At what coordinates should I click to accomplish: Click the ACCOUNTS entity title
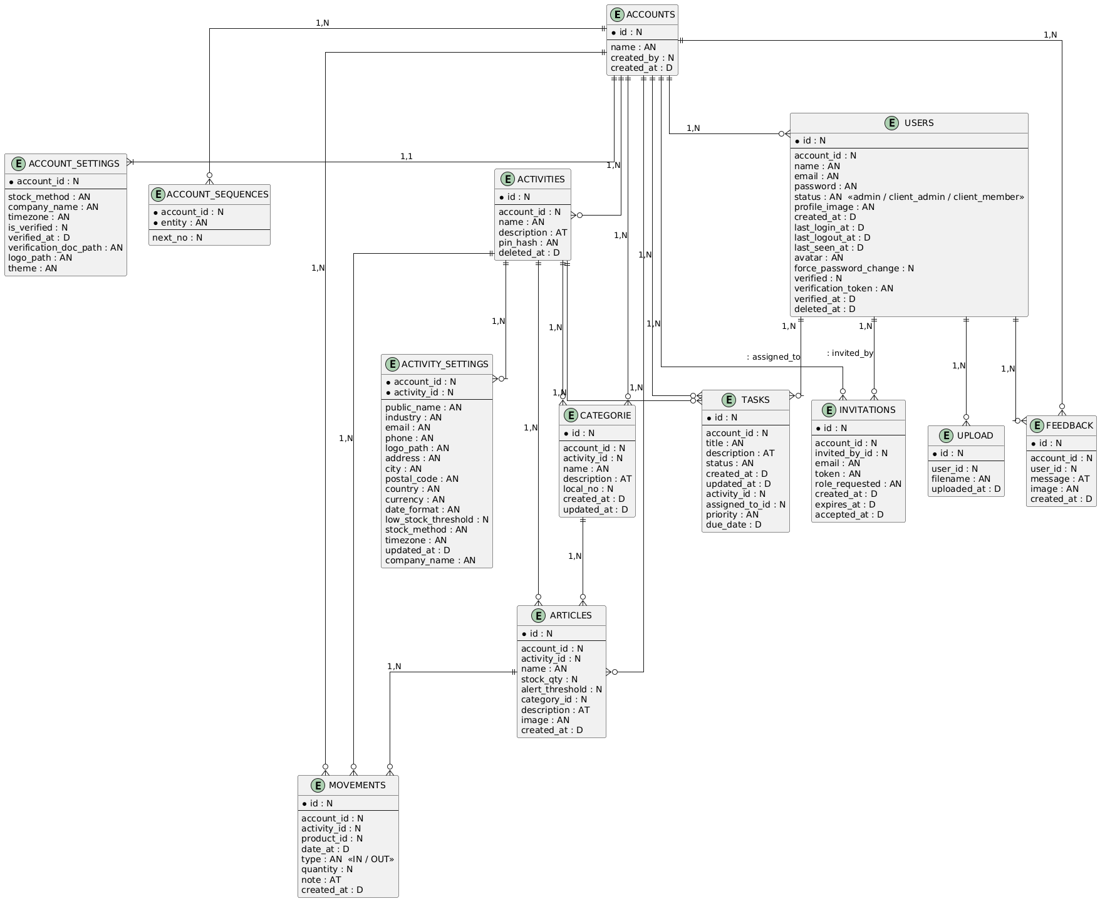pyautogui.click(x=651, y=14)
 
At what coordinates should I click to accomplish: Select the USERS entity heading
pyautogui.click(x=919, y=123)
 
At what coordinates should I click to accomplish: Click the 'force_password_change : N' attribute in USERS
pyautogui.click(x=854, y=268)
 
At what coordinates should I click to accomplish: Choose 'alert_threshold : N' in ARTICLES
pyautogui.click(x=561, y=689)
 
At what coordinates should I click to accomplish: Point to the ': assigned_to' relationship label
pyautogui.click(x=774, y=357)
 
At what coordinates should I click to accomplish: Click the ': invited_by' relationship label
pyautogui.click(x=850, y=353)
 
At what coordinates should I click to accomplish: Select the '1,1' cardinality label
pyautogui.click(x=407, y=155)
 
